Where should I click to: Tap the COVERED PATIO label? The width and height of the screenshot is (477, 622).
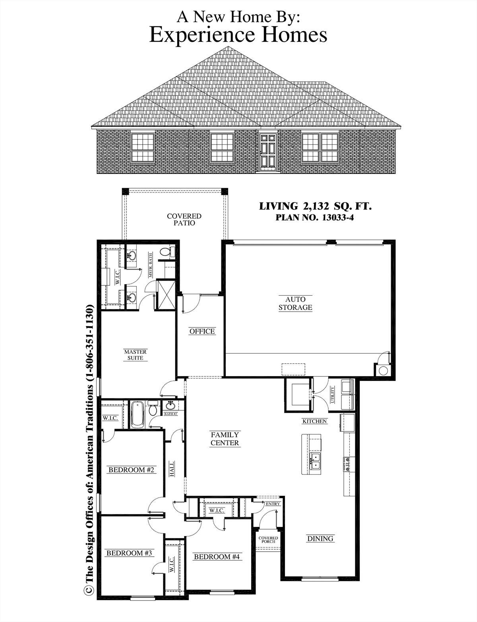(x=184, y=220)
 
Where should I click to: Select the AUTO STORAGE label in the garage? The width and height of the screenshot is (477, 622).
(x=295, y=303)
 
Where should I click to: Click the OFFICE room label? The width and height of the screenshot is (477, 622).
(x=202, y=331)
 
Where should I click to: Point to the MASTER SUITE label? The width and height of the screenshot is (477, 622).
(x=136, y=355)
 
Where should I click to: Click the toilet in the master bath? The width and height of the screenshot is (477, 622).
(x=167, y=252)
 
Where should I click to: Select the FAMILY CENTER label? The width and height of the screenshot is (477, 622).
(x=225, y=439)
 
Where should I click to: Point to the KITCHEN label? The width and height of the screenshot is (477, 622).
(x=315, y=421)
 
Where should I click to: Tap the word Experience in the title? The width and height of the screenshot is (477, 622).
(x=202, y=35)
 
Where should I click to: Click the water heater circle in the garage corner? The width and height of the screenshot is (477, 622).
(x=383, y=370)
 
